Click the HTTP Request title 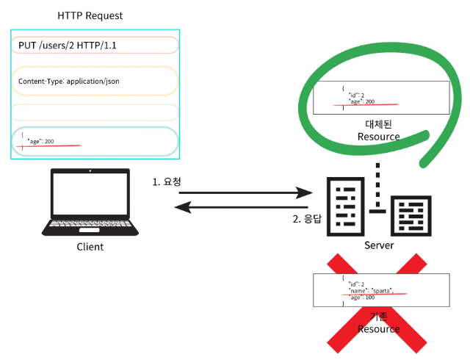tap(90, 15)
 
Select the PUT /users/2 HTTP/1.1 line tap(68, 45)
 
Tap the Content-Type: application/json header tap(69, 81)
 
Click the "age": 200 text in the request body tap(40, 140)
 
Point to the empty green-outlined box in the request tap(95, 112)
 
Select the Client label tap(90, 247)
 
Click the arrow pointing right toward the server tap(245, 194)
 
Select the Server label tap(379, 245)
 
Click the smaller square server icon tap(411, 215)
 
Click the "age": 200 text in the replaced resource tap(361, 101)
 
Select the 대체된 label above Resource tap(379, 123)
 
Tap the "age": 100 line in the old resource tap(361, 298)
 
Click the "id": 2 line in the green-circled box tap(355, 94)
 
